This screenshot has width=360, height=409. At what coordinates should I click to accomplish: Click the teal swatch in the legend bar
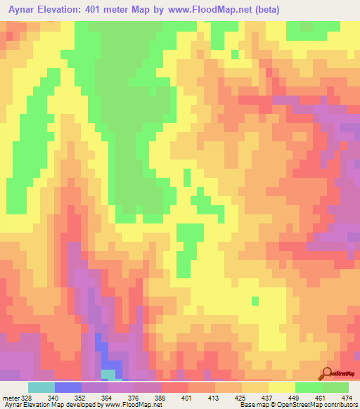[x=41, y=388]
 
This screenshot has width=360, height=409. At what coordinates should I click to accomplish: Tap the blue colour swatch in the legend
[x=67, y=388]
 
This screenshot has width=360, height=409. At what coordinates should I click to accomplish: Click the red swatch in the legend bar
[x=174, y=388]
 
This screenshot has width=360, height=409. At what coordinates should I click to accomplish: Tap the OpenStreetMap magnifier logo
[x=326, y=372]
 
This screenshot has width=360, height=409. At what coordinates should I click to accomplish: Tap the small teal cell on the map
[x=108, y=373]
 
